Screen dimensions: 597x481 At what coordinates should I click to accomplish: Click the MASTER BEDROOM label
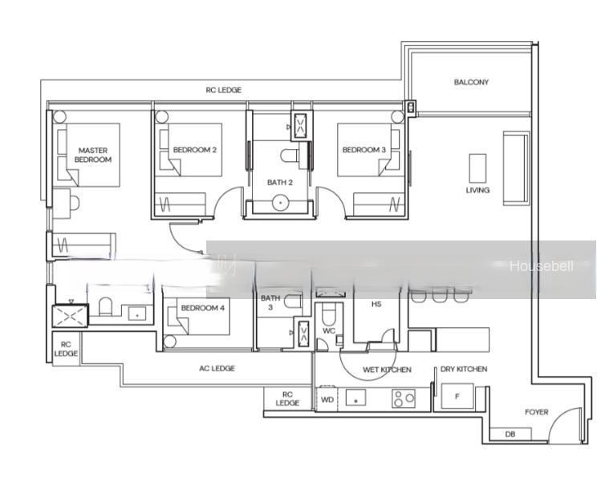[x=93, y=156]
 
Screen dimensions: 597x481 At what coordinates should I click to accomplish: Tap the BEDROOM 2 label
[x=195, y=150]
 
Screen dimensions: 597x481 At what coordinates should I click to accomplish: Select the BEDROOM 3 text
[x=364, y=150]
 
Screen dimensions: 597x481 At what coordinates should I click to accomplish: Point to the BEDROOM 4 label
[x=203, y=308]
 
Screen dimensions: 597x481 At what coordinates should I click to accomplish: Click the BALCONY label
[x=471, y=82]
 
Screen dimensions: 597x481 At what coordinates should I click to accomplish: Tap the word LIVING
[x=477, y=190]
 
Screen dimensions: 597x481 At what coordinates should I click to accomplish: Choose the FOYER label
[x=537, y=412]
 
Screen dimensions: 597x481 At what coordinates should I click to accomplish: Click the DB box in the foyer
[x=510, y=435]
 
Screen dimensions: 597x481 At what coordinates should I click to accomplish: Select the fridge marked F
[x=457, y=396]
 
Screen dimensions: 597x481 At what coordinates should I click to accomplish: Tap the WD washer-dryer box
[x=327, y=399]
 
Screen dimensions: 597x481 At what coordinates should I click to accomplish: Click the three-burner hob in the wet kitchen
[x=404, y=398]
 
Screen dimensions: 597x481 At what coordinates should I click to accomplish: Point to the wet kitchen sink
[x=355, y=398]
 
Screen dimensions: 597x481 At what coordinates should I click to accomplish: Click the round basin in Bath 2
[x=281, y=203]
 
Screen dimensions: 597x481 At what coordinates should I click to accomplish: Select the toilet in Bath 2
[x=290, y=156]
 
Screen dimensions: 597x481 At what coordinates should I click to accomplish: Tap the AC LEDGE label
[x=217, y=368]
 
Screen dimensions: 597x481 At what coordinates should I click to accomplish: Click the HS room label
[x=376, y=304]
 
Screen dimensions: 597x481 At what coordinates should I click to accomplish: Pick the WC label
[x=328, y=331]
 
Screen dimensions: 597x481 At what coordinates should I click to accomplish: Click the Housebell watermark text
[x=541, y=266]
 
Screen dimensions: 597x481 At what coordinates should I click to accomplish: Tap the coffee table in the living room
[x=477, y=168]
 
